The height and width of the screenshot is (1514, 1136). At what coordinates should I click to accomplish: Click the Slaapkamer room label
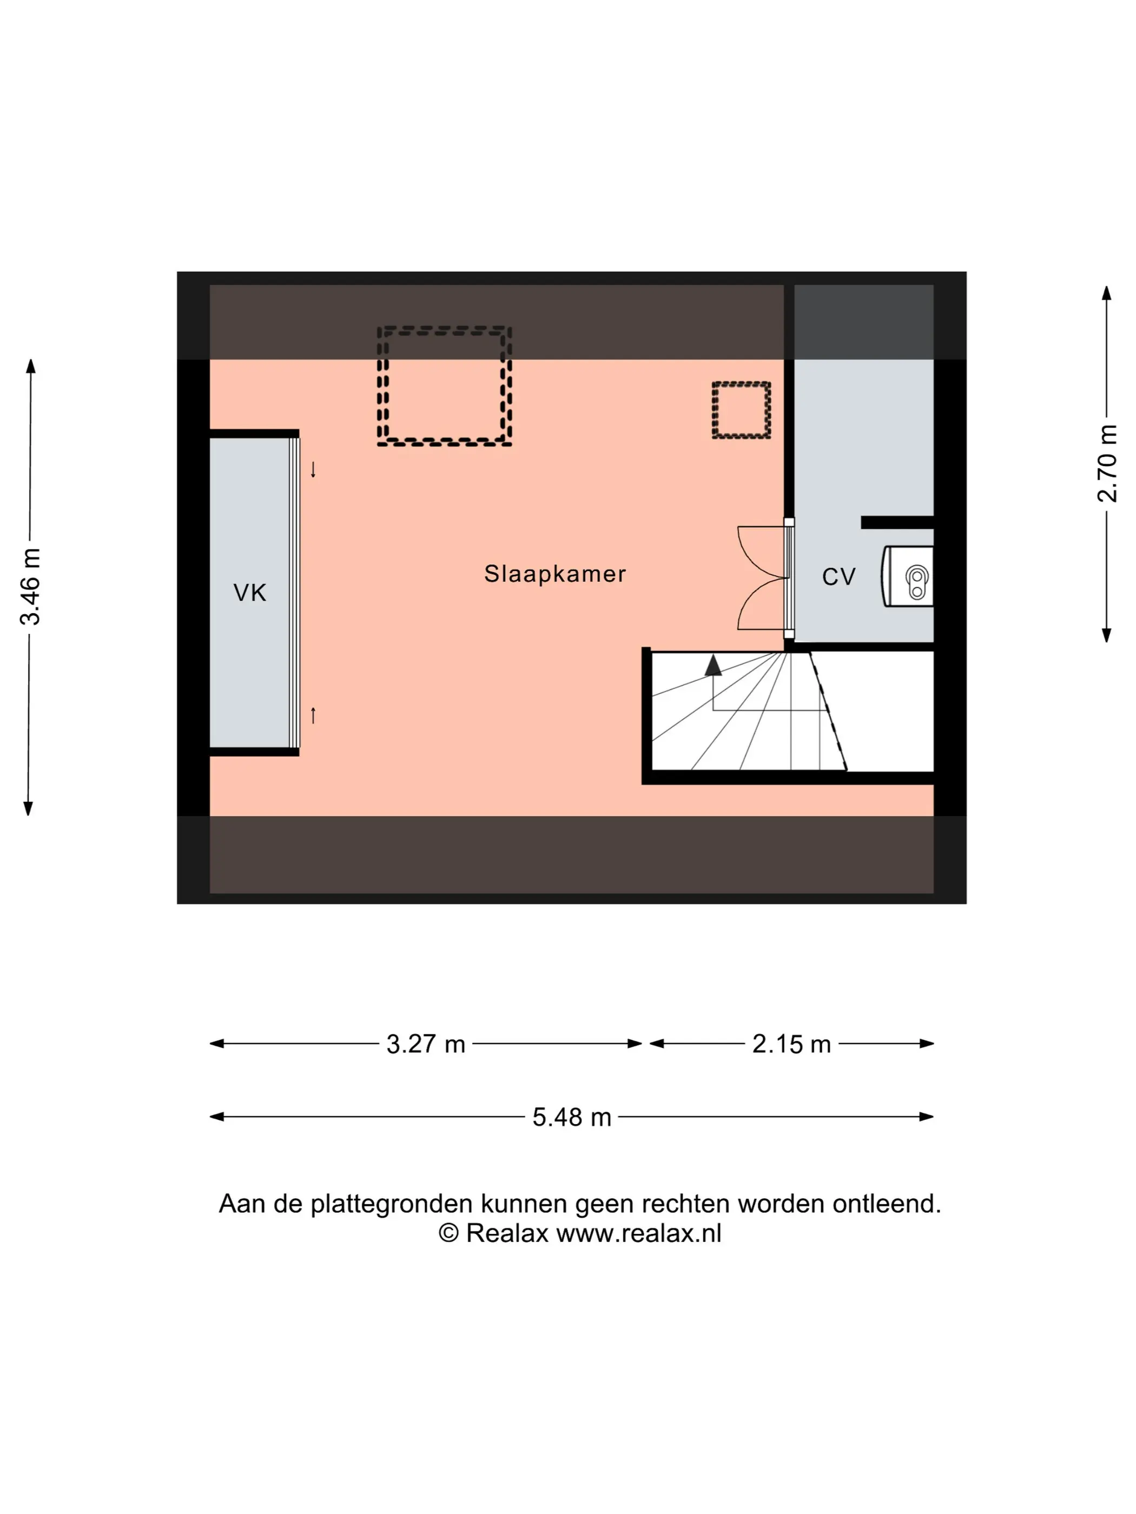tap(554, 574)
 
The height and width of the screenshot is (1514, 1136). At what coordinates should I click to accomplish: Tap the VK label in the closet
tap(249, 593)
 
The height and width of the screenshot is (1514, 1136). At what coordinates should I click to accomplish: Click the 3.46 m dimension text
tap(30, 587)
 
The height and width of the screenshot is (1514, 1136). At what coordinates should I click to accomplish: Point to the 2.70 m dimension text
tap(1107, 463)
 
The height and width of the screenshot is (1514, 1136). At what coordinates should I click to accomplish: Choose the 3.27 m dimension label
tap(425, 1044)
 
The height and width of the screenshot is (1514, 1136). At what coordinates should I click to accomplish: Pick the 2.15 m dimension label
tap(791, 1044)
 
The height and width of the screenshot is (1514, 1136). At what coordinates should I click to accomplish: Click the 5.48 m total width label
tap(571, 1117)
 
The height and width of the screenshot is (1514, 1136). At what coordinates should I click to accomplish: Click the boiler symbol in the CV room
tap(908, 576)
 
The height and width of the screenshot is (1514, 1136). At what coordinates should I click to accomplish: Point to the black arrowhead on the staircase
tap(714, 665)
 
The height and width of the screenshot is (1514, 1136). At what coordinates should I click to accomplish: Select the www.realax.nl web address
tap(639, 1233)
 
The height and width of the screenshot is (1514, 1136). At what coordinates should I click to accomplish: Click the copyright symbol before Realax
tap(448, 1233)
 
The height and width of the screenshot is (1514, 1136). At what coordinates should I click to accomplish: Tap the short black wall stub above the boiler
tap(897, 523)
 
